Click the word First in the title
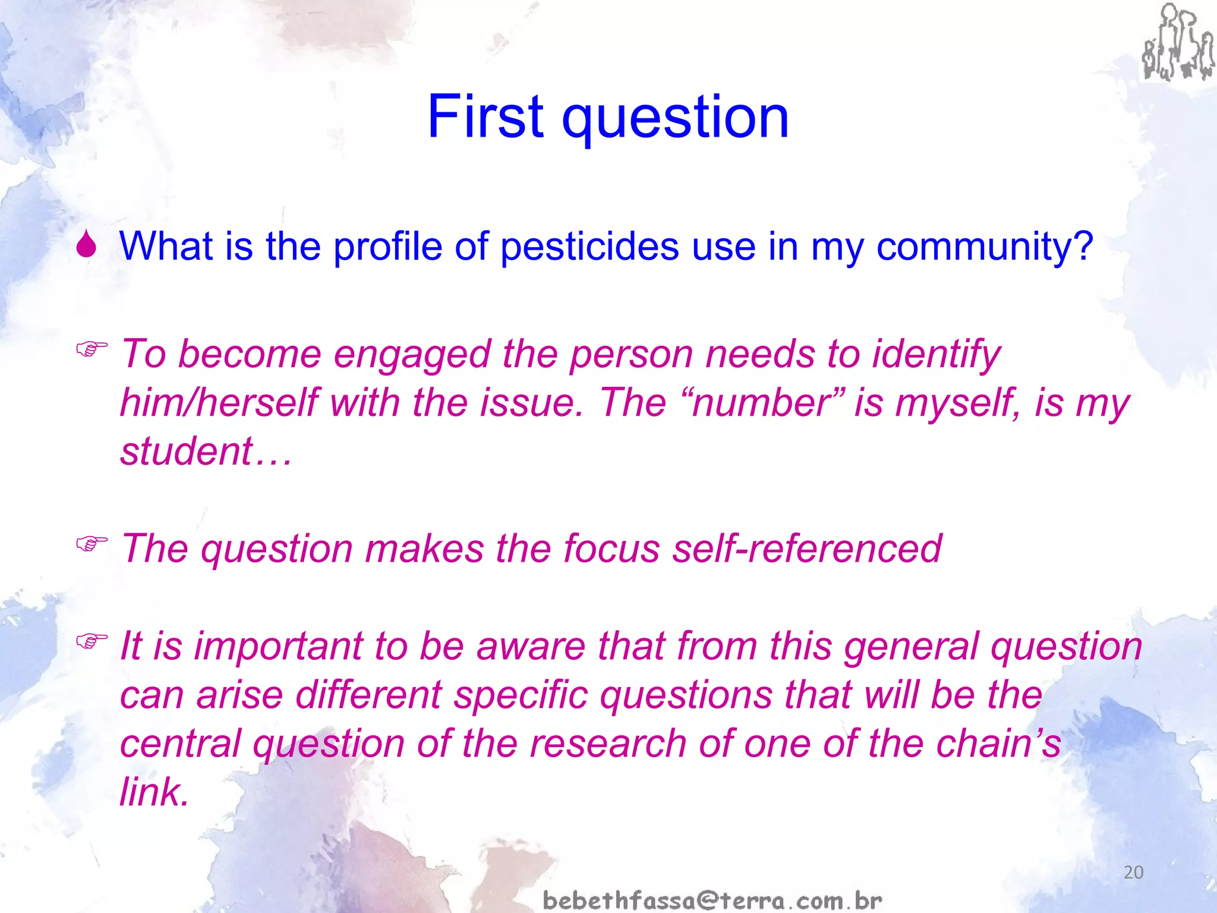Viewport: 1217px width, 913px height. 485,117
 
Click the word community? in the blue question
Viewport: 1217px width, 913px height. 984,247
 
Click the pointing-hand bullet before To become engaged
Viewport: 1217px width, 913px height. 92,349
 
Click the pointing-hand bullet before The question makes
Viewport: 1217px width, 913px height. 92,543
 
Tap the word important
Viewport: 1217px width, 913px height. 278,647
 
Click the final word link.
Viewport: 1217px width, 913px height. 153,792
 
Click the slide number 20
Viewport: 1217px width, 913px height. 1133,873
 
